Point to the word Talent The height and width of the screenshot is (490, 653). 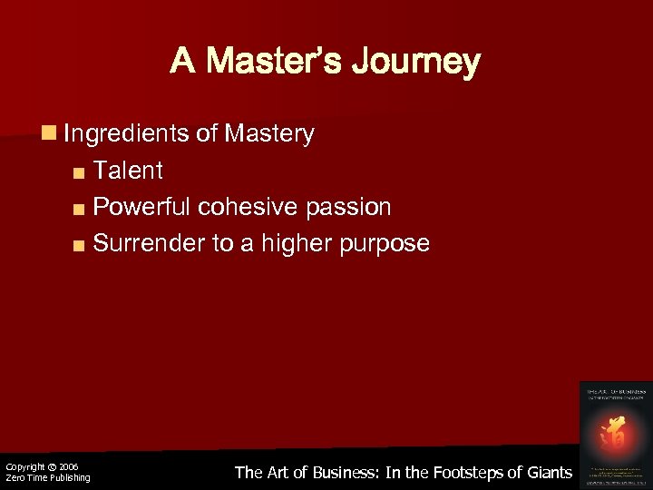point(129,170)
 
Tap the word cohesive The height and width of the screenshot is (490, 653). point(246,207)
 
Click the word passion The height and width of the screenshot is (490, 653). point(349,207)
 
